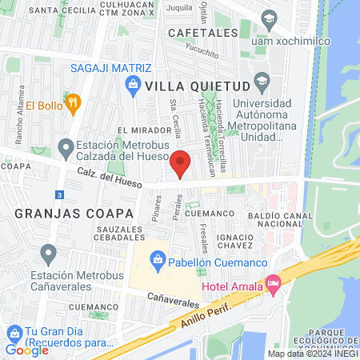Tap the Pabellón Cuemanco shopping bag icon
pyautogui.click(x=158, y=259)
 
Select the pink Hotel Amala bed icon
pyautogui.click(x=273, y=282)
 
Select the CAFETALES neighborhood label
pyautogui.click(x=204, y=33)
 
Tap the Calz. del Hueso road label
pyautogui.click(x=110, y=178)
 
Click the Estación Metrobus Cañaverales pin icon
pyautogui.click(x=49, y=255)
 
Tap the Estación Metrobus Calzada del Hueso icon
pyautogui.click(x=65, y=148)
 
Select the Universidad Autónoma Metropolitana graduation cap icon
pyautogui.click(x=261, y=81)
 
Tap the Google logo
pyautogui.click(x=27, y=350)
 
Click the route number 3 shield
pyautogui.click(x=59, y=194)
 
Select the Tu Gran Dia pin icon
pyautogui.click(x=14, y=333)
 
